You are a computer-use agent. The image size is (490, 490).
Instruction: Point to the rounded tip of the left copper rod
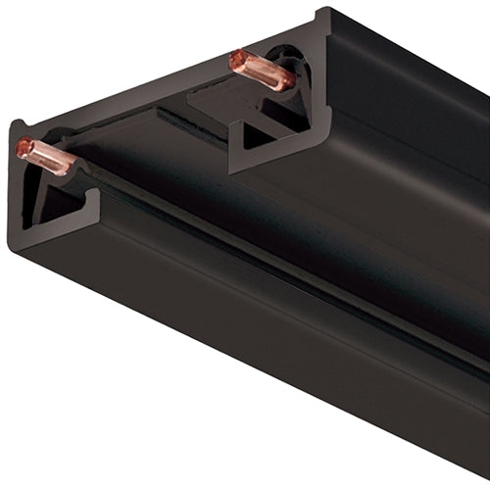pos(23,148)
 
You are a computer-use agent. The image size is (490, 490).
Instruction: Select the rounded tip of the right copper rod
pos(236,60)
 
